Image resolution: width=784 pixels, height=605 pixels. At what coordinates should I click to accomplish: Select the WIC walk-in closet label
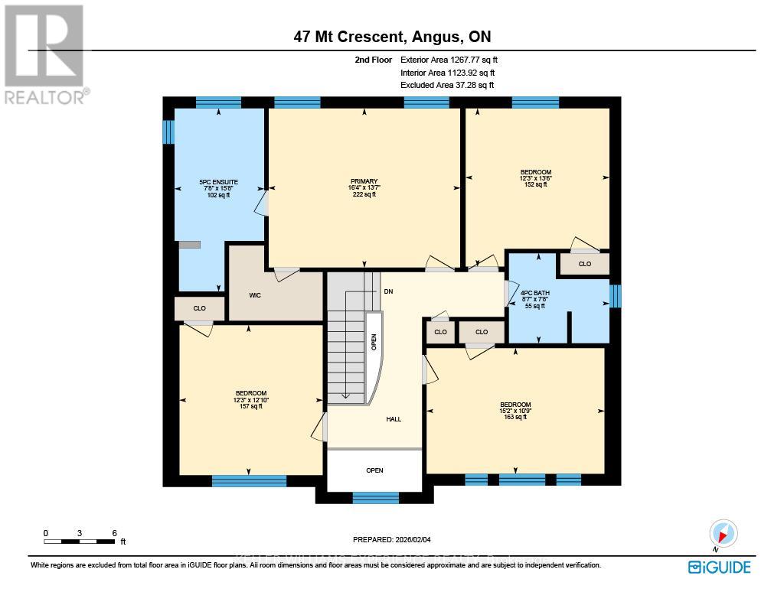click(256, 294)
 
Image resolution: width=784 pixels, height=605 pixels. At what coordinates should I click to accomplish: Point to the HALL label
click(394, 419)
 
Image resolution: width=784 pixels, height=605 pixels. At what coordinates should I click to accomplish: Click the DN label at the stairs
click(388, 292)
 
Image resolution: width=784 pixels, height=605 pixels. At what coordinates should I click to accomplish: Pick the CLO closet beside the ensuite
click(199, 308)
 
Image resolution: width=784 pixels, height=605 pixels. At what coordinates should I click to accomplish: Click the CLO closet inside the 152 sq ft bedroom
click(585, 264)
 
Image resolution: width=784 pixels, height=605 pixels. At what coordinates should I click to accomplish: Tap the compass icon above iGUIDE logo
click(723, 533)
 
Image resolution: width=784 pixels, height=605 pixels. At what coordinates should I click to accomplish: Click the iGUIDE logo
click(719, 567)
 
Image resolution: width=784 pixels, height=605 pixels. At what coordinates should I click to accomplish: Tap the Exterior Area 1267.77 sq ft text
click(451, 60)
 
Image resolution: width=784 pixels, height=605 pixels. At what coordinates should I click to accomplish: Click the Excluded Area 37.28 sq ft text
click(447, 86)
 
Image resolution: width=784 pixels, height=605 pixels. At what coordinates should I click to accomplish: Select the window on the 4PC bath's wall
click(615, 296)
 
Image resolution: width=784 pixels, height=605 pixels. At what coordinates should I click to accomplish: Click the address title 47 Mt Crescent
click(391, 37)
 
